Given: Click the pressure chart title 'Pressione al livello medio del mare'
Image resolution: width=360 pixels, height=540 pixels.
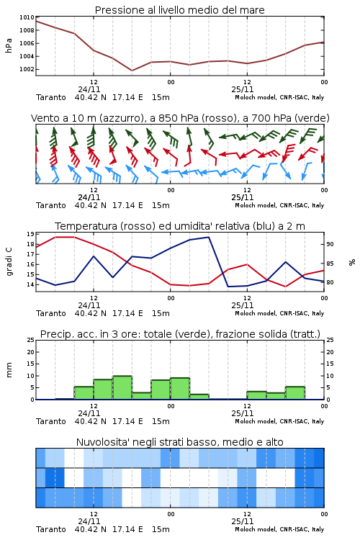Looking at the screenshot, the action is point(179,10).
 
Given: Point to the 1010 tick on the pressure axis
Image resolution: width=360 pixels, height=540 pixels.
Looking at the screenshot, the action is point(27,17).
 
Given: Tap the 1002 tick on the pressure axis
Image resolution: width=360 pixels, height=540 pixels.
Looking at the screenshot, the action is point(27,69).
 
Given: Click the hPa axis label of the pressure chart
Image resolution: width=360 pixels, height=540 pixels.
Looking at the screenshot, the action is point(9,45).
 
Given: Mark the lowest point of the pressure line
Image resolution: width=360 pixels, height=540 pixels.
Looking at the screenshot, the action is point(132,71).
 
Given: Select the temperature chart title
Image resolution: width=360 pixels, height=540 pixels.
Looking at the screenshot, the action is point(180,226).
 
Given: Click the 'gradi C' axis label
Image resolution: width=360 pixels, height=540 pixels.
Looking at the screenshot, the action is point(9,262).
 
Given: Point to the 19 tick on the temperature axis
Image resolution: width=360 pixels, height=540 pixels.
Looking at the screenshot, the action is point(30,234).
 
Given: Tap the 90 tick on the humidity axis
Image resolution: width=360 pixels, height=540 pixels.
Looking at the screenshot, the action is point(330,244).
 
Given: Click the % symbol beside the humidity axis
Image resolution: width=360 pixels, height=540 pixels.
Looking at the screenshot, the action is point(352,262).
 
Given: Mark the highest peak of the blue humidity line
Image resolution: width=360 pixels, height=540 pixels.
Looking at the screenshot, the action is point(208,237).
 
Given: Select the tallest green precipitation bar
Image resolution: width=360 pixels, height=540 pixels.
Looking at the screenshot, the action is point(122,387).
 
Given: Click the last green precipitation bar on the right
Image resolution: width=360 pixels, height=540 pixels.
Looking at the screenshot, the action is point(295,393).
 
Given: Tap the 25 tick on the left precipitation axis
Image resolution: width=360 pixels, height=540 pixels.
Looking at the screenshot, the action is point(30,340).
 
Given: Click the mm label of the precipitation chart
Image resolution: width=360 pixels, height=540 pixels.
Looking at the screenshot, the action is point(9,370).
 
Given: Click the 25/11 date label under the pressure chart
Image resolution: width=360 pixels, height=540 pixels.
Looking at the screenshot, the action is point(243,89).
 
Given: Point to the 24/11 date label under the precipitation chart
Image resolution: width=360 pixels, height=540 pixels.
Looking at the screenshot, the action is point(89,413).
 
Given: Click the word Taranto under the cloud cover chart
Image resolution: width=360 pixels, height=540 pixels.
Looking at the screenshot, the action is point(51,529).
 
